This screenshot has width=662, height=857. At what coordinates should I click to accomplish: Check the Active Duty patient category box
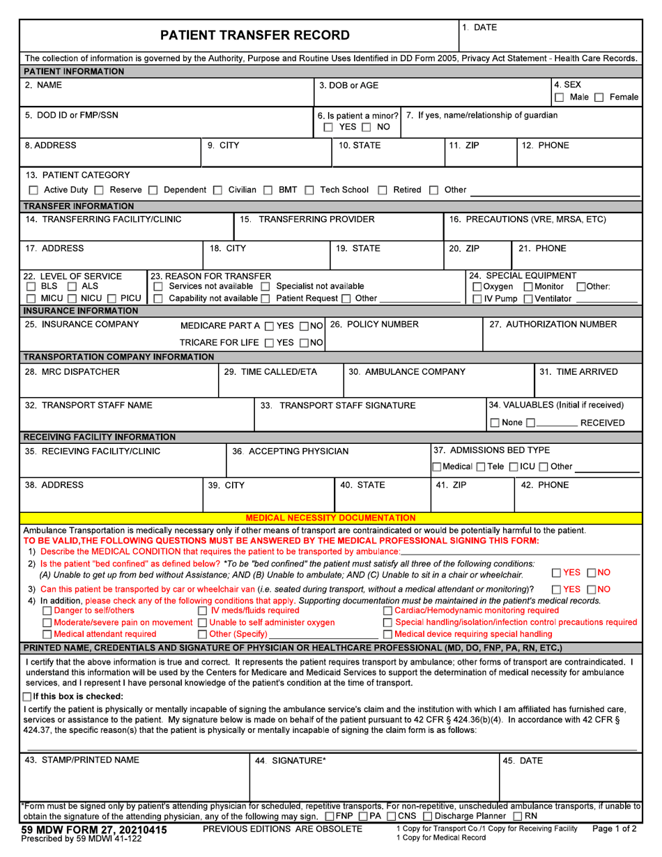coord(33,190)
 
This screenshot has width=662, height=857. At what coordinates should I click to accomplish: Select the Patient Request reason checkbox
coord(265,299)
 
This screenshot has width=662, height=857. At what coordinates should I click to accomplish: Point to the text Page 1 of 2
coord(615,828)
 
